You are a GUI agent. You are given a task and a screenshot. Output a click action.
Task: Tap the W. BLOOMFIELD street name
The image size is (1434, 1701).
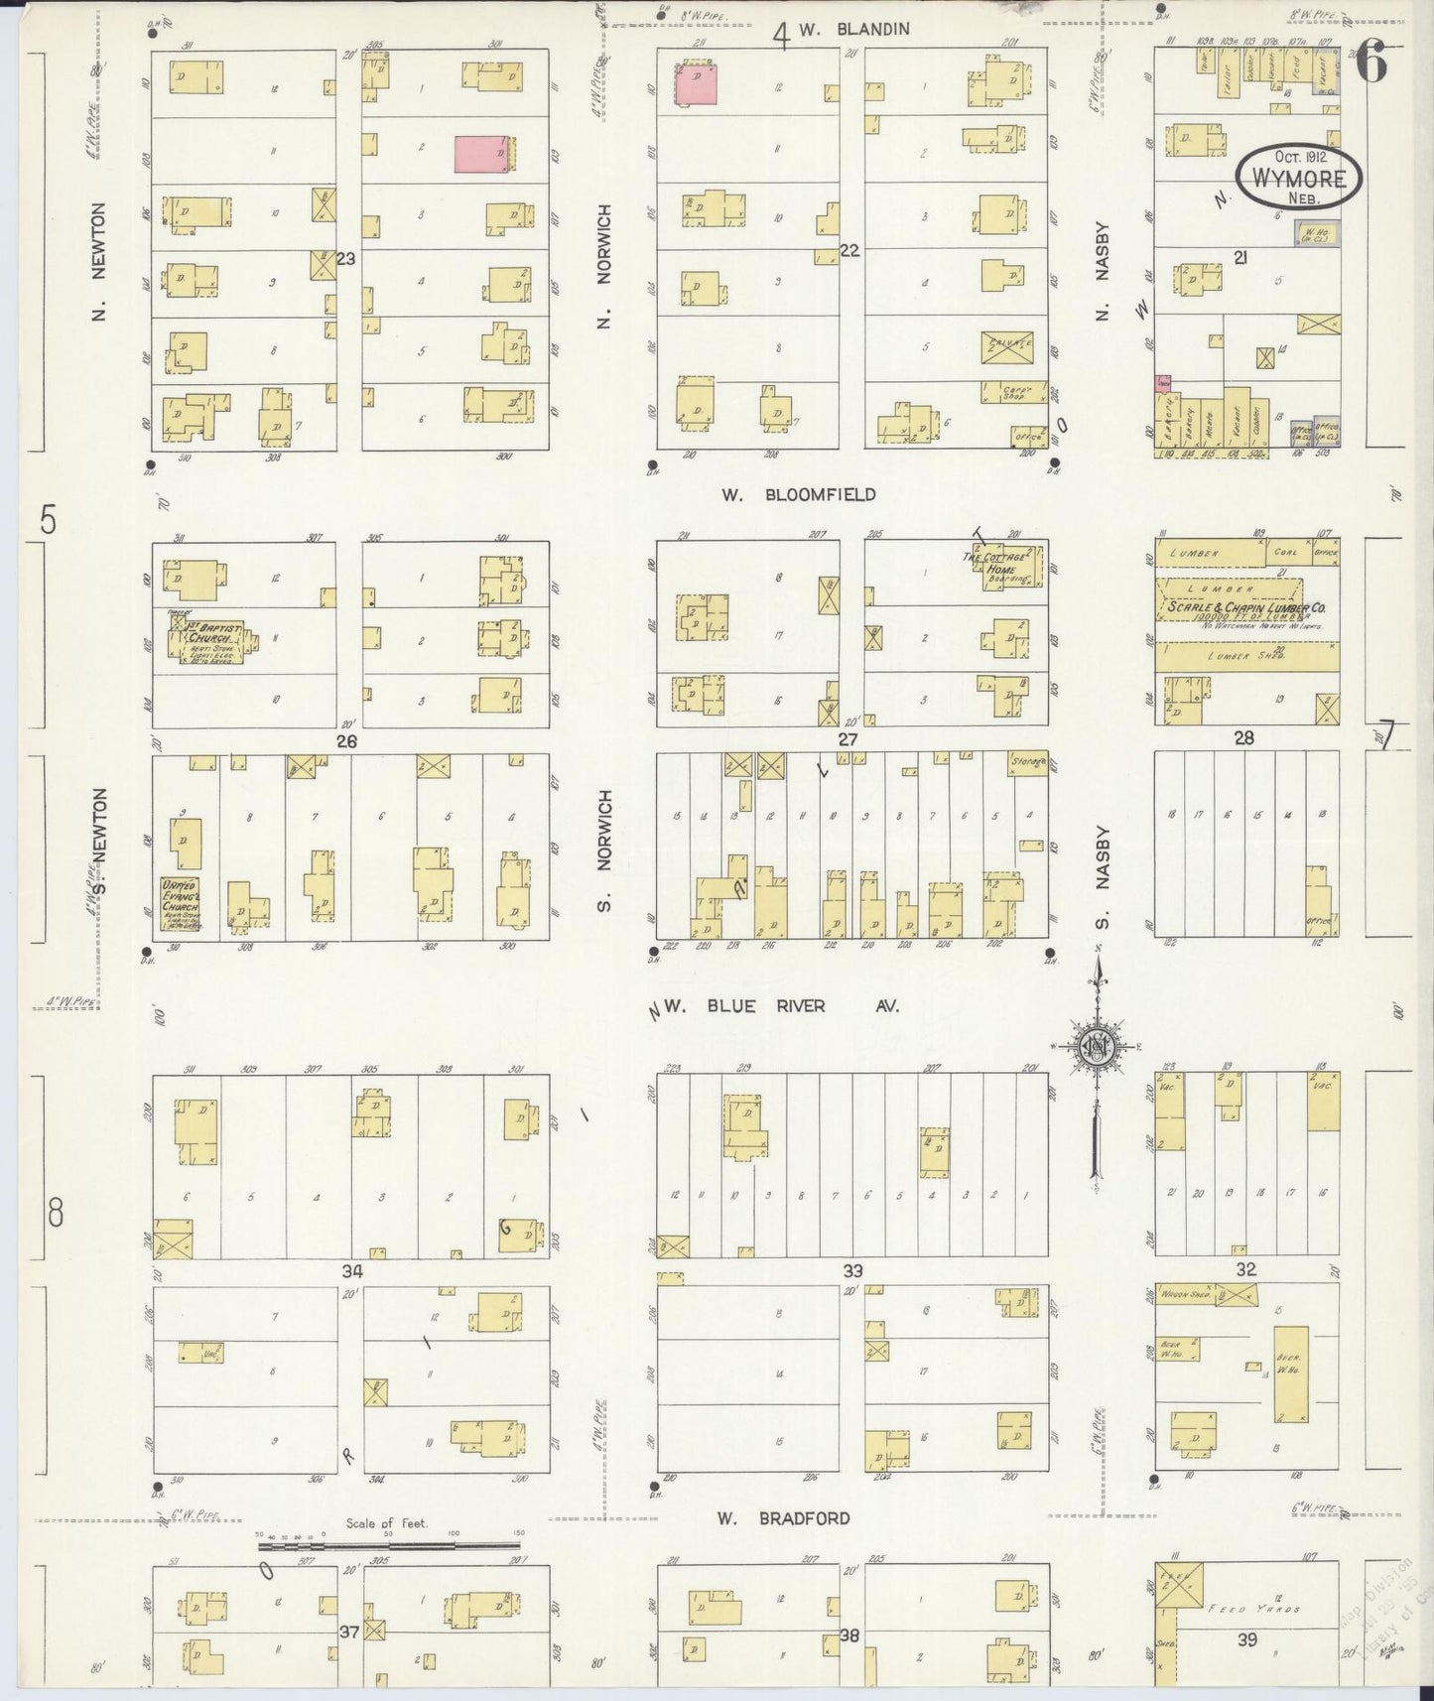pyautogui.click(x=798, y=494)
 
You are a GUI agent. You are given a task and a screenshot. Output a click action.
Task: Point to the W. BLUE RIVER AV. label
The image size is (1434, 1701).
pyautogui.click(x=781, y=1006)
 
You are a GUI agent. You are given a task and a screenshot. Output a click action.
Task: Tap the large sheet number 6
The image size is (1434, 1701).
pyautogui.click(x=1372, y=65)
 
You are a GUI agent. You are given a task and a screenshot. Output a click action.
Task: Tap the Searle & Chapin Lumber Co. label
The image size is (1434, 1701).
pyautogui.click(x=1246, y=608)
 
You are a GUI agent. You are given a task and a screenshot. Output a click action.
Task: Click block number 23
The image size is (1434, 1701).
pyautogui.click(x=345, y=259)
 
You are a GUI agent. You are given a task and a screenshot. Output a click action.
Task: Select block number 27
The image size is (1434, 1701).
pyautogui.click(x=847, y=739)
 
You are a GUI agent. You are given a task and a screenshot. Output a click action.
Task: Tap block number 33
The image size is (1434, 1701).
pyautogui.click(x=852, y=1270)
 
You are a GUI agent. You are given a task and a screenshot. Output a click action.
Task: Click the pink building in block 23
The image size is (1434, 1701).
pyautogui.click(x=483, y=155)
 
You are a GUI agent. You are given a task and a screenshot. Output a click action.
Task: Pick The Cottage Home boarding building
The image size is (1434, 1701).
pyautogui.click(x=1004, y=568)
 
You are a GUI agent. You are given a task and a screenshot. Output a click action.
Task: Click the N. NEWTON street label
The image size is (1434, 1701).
pyautogui.click(x=97, y=262)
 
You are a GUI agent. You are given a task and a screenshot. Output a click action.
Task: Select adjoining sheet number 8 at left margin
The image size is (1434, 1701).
pyautogui.click(x=55, y=1213)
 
